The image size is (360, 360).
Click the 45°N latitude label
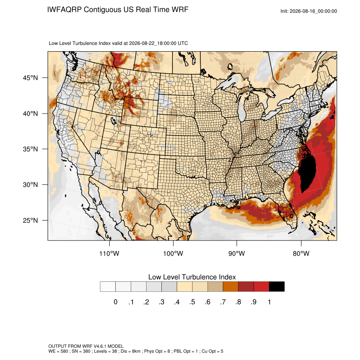click(30, 78)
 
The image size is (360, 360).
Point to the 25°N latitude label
click(30, 220)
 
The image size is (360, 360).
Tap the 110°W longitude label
click(109, 253)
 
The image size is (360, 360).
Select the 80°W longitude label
click(301, 253)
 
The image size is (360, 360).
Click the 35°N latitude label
click(30, 149)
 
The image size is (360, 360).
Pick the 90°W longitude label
click(236, 253)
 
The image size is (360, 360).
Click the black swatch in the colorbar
click(277, 287)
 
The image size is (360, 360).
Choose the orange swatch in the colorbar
click(230, 287)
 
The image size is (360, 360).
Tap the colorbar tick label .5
click(192, 302)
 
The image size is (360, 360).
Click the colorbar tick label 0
click(116, 302)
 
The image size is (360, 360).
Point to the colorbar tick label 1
click(269, 302)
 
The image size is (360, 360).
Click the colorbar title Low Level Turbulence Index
click(192, 277)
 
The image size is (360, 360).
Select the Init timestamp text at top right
click(309, 11)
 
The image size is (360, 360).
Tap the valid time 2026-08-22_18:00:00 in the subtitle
click(152, 43)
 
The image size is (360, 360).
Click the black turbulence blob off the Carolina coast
click(307, 173)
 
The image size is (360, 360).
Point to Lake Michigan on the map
click(241, 108)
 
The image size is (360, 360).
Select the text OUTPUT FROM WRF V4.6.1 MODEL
click(86, 346)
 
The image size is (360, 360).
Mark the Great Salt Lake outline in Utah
click(113, 121)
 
